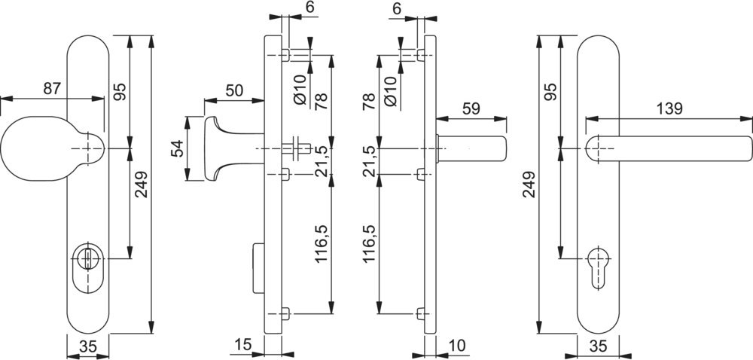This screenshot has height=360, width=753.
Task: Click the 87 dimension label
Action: pos(51,88)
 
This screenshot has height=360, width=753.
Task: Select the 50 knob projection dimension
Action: pos(234,90)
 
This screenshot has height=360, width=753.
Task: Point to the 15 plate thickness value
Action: pos(242,345)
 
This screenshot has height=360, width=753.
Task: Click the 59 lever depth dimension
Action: pos(471,108)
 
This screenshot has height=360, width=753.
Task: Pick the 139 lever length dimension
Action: pos(669,108)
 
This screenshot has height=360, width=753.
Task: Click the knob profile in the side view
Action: pos(213,148)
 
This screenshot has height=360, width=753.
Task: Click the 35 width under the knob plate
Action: pos(88,347)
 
